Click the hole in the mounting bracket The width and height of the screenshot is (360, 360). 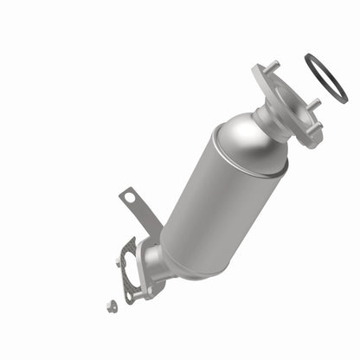click(131, 197)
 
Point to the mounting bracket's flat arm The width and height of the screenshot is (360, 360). click(143, 216)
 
